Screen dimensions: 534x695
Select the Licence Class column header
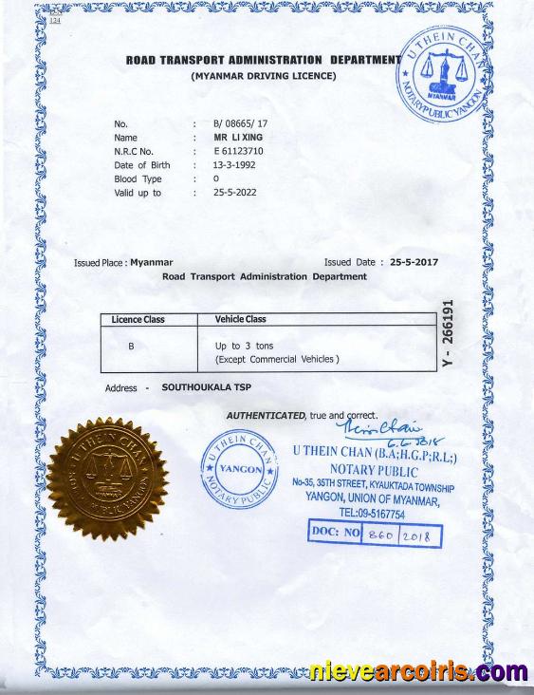138,320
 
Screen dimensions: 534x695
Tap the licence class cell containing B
132,347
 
